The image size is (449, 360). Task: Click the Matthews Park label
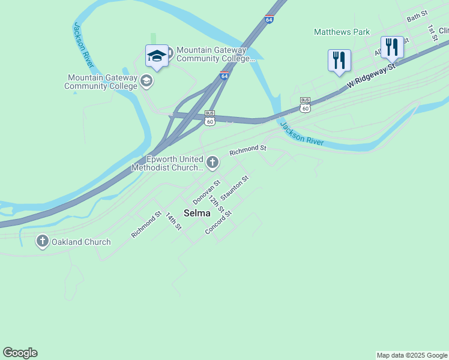pos(342,32)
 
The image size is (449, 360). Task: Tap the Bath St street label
pos(417,16)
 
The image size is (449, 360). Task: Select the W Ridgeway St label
pos(372,78)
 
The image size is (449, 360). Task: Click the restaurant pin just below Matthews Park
pos(339,61)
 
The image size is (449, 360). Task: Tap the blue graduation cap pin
pos(157,56)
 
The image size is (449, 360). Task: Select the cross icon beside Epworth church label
pos(212,162)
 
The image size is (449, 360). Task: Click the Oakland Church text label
pos(81,242)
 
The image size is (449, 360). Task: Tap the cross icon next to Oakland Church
pos(42,242)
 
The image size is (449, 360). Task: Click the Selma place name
pos(197,213)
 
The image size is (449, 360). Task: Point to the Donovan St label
pos(207,191)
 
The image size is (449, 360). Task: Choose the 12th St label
pos(216,204)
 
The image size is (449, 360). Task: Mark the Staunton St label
pos(235,188)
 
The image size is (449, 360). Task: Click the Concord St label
pos(218,222)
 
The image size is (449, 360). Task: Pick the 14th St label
pos(173,221)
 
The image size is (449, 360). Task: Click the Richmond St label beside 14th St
pos(146,224)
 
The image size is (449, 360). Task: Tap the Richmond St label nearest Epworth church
pos(247,149)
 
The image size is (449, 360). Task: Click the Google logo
pos(20,353)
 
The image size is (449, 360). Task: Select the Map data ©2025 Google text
pos(412,355)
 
